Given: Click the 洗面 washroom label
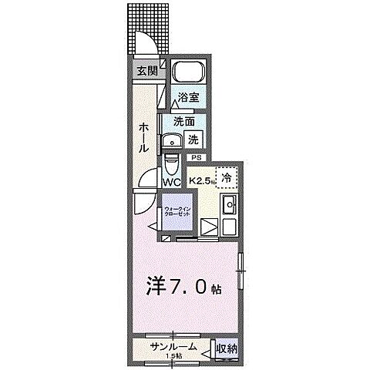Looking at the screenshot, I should point(183,122).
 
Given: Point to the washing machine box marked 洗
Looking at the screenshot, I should point(195,140).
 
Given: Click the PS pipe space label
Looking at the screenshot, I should point(196,158).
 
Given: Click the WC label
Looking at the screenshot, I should point(171,182).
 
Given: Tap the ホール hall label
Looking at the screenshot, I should point(144,137).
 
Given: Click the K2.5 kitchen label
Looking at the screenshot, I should point(201,181).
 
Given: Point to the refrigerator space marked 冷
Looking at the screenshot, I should point(227,177).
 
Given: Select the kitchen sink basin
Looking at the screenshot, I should point(229,206).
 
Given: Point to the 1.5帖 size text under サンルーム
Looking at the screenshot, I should point(173,355).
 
